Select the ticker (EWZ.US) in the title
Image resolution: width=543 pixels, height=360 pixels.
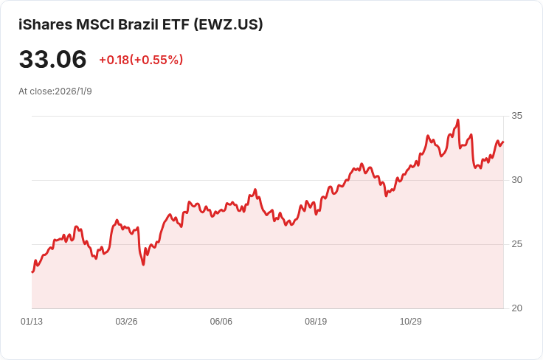(x=228, y=24)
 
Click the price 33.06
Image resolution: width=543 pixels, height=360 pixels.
(x=52, y=60)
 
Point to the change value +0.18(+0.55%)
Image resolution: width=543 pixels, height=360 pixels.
(x=141, y=60)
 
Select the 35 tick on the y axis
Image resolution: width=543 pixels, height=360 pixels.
(x=517, y=116)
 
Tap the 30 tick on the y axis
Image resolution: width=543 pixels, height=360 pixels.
(x=517, y=180)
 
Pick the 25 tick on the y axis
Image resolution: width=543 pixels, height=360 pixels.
(x=517, y=244)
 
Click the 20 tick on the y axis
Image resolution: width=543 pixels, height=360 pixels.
(x=517, y=308)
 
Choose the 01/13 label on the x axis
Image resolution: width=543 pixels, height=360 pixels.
(x=32, y=322)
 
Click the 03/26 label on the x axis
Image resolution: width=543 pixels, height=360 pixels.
(x=126, y=322)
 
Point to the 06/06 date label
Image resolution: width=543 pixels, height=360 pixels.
(x=221, y=322)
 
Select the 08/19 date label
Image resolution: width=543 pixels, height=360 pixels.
(x=316, y=322)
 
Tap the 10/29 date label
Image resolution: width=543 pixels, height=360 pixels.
(x=410, y=322)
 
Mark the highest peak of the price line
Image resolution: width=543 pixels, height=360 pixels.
(x=458, y=120)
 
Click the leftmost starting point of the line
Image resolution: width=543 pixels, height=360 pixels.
(x=32, y=272)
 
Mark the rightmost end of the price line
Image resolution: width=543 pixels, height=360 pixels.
(x=503, y=142)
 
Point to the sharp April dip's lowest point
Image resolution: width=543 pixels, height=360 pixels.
(x=143, y=265)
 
